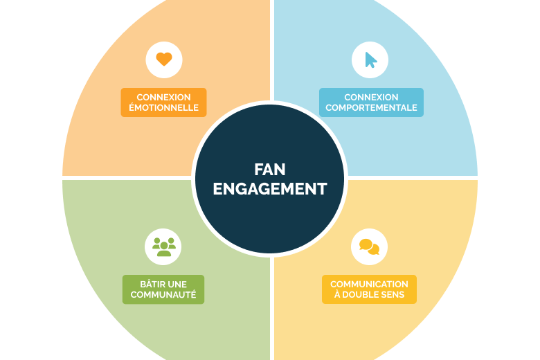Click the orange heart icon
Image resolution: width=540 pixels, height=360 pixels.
click(164, 59)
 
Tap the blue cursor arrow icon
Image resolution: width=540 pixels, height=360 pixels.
click(370, 60)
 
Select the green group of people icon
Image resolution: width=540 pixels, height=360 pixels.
click(164, 246)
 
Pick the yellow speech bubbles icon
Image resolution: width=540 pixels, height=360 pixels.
click(369, 246)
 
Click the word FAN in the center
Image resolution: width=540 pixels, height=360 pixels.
click(270, 170)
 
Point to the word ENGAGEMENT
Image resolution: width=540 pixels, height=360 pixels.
click(270, 189)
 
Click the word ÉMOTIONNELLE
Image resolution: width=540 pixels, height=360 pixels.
click(163, 107)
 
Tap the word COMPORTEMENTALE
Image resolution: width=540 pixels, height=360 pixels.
click(371, 107)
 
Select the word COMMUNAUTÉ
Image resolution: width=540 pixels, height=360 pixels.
click(163, 294)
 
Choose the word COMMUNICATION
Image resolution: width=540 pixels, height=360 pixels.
click(369, 285)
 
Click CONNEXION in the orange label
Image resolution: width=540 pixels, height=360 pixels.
click(163, 97)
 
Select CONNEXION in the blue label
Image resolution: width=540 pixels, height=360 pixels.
click(371, 97)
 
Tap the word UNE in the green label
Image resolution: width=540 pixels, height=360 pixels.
click(178, 285)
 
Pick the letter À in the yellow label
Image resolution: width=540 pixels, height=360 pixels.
click(337, 294)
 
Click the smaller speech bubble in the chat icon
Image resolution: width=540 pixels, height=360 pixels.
click(375, 249)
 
